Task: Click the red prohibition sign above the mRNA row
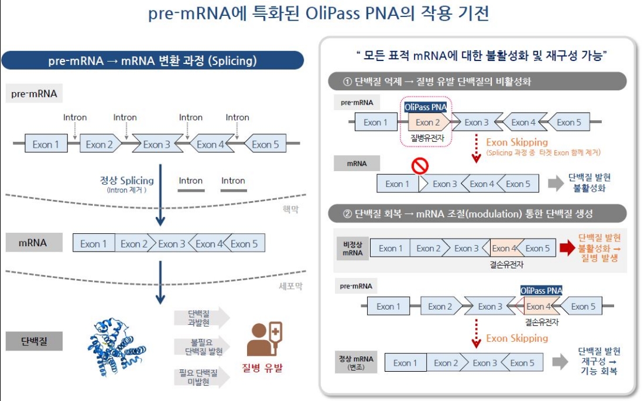420,166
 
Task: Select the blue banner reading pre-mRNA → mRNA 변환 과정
152,61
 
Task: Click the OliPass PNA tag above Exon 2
426,107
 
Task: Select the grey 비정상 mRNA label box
351,249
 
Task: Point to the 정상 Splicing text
126,181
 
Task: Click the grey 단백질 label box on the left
34,341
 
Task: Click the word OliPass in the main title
337,13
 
